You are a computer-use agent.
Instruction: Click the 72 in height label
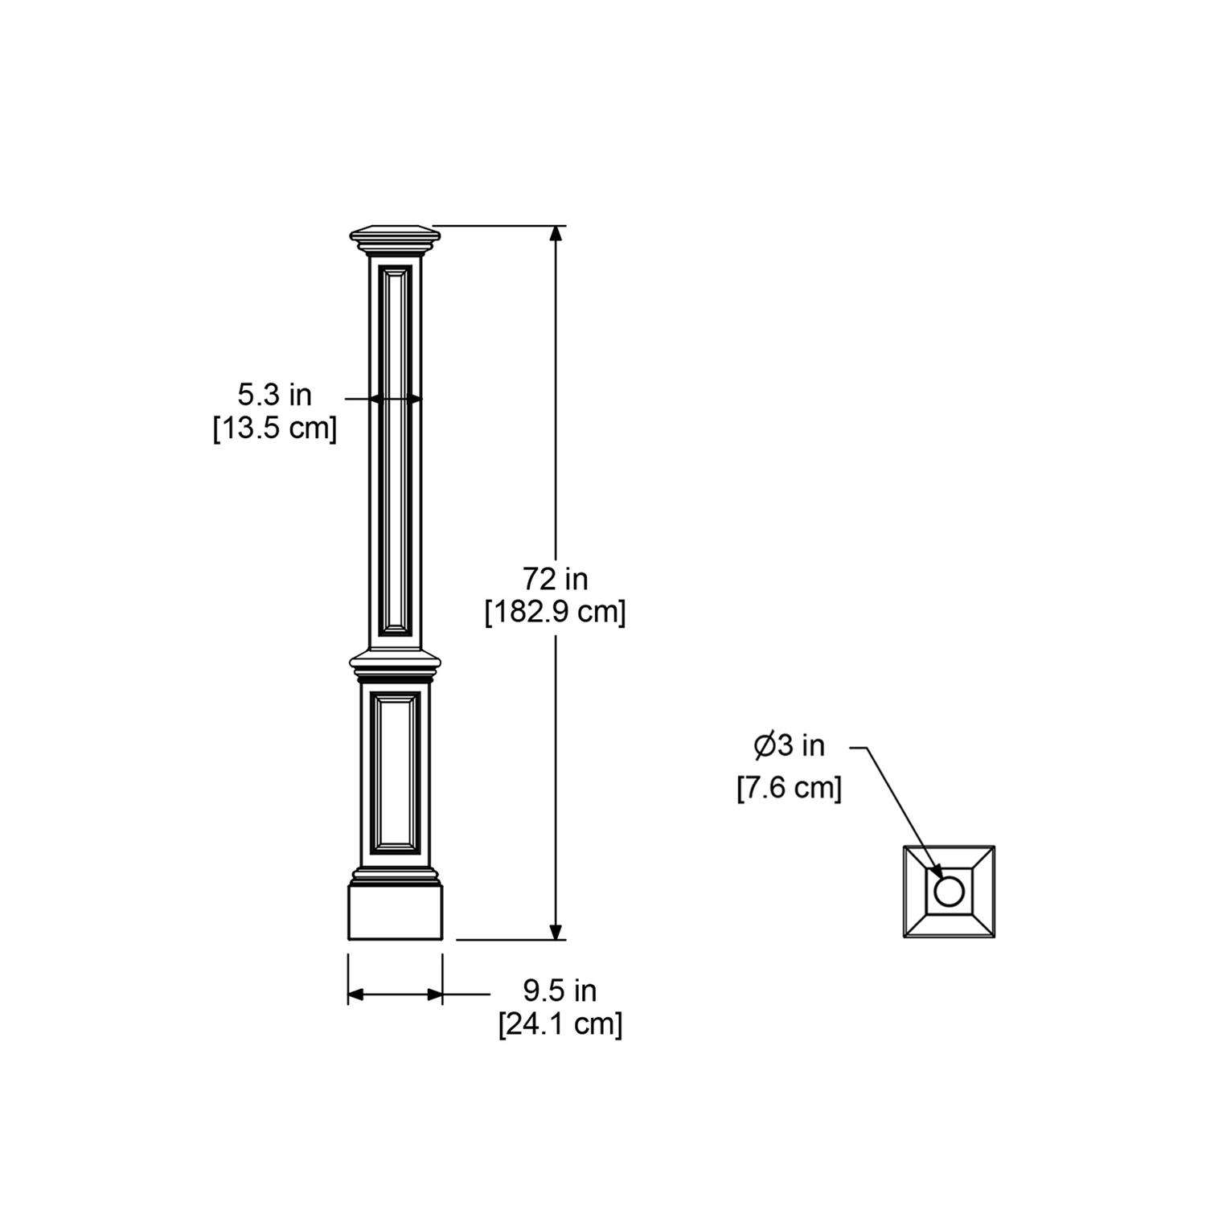coord(555,579)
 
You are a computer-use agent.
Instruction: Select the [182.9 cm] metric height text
coord(555,613)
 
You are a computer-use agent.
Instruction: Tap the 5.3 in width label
coord(274,395)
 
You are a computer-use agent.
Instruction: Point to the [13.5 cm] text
coord(274,429)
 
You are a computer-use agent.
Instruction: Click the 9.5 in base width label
coord(560,991)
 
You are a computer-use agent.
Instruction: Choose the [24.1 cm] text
coord(560,1025)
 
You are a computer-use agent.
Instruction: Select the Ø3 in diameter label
coord(790,746)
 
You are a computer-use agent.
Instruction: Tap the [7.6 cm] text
coord(790,788)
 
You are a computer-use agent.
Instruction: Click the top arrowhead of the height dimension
coord(556,233)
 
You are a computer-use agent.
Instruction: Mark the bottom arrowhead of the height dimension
coord(556,931)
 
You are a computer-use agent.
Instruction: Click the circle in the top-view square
coord(949,892)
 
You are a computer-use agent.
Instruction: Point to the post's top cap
coord(396,236)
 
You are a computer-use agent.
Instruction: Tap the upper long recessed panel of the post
coord(396,450)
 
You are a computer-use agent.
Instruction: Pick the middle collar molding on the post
coord(396,662)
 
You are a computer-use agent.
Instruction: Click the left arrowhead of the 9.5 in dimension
coord(355,995)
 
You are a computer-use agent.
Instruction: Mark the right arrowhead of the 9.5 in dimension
coord(435,995)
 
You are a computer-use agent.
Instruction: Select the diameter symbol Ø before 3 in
coord(764,746)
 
